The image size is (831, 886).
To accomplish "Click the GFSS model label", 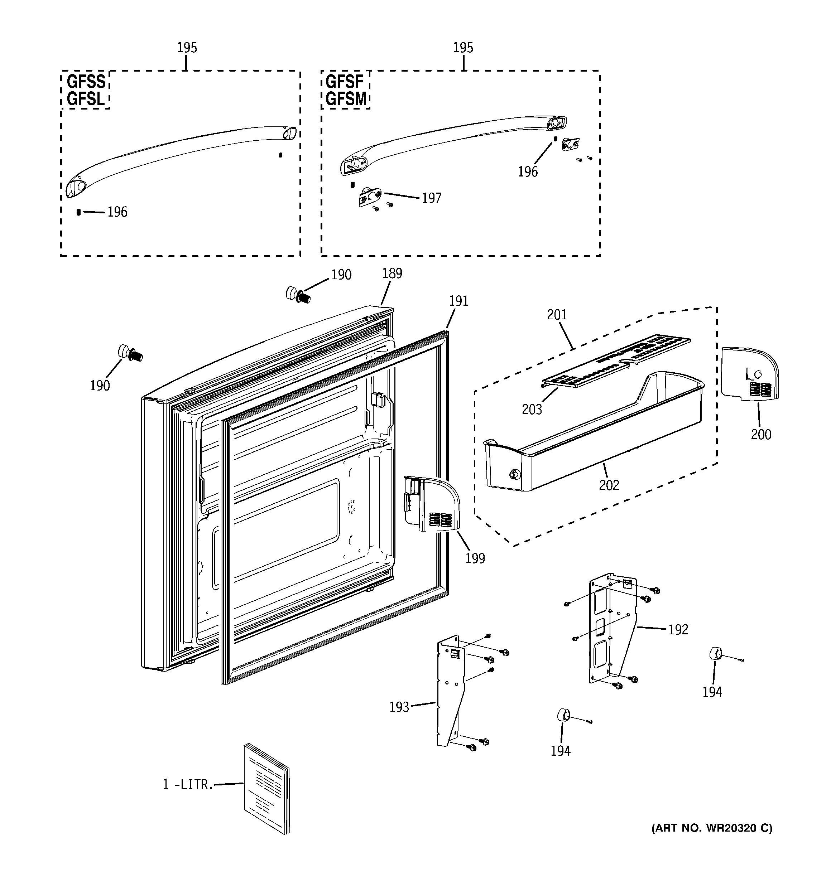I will point(86,82).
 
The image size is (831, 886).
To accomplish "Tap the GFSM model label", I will point(346,98).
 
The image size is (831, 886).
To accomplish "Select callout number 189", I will point(392,273).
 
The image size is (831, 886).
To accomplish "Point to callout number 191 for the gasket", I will point(458,301).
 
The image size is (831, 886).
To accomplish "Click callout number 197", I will point(431,198).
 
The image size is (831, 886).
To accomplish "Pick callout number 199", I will point(475,558).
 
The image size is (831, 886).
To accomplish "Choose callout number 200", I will point(760,434).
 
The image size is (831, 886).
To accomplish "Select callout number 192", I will point(678,630).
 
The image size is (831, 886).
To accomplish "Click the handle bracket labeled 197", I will point(370,197).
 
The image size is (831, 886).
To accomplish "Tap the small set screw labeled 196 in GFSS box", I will point(78,212).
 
